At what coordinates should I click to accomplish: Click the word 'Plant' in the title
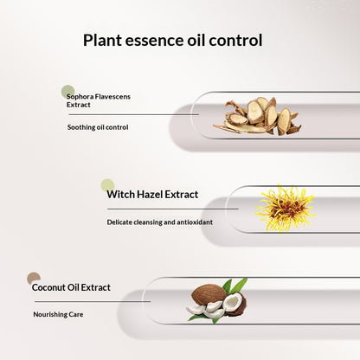(x=102, y=41)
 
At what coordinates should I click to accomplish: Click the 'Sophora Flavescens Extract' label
(x=99, y=100)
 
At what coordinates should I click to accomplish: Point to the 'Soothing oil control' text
(x=98, y=127)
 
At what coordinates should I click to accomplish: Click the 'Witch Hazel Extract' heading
(x=152, y=194)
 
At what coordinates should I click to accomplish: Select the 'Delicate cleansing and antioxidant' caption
(x=160, y=222)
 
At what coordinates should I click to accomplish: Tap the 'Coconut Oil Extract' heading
(x=71, y=287)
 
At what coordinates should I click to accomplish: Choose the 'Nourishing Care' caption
(x=58, y=314)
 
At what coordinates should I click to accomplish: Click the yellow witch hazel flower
(x=285, y=209)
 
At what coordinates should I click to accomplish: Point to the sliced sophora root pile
(x=257, y=116)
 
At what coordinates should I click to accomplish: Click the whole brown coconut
(x=209, y=295)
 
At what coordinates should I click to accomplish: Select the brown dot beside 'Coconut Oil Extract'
(x=34, y=279)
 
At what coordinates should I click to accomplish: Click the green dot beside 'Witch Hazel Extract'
(x=108, y=185)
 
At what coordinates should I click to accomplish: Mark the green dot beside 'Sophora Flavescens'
(x=68, y=92)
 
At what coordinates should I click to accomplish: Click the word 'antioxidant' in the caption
(x=195, y=222)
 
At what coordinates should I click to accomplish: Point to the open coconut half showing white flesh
(x=235, y=304)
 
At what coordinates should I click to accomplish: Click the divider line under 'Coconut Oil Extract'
(x=93, y=301)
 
